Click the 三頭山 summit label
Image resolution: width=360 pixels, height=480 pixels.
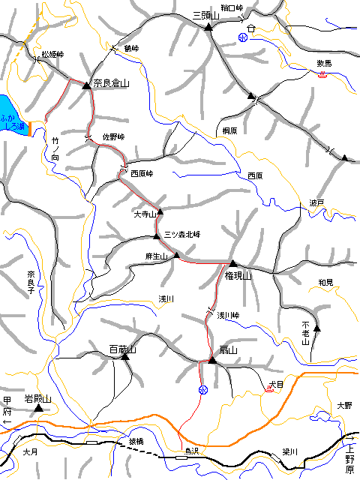205,15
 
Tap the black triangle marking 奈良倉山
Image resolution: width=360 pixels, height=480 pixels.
86,85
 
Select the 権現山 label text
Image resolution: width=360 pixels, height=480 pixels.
235,275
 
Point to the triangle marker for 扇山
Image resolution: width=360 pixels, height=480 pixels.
212,361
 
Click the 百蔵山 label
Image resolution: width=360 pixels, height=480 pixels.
121,349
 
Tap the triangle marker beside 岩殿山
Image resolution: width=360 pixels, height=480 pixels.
40,409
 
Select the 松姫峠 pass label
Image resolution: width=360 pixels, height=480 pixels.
52,55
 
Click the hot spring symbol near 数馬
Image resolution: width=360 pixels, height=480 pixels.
322,74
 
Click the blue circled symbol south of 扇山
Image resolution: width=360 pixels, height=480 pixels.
202,389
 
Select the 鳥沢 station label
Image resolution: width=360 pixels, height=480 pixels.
195,451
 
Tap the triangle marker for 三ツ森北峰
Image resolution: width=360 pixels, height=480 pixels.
157,237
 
